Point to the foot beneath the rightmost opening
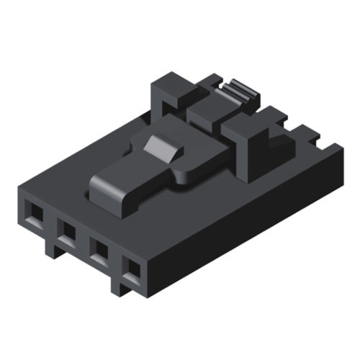point(120,287)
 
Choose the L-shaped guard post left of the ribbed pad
point(169,94)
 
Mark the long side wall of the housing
point(245,216)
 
